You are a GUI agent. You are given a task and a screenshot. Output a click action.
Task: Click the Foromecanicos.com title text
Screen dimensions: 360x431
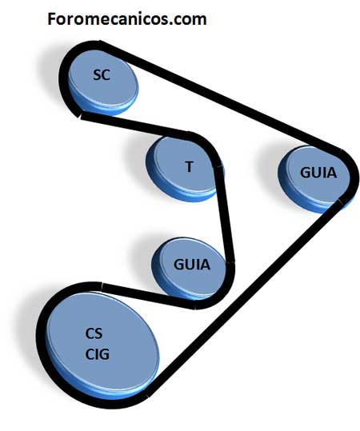click(127, 19)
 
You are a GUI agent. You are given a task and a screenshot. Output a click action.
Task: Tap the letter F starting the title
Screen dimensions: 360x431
click(51, 19)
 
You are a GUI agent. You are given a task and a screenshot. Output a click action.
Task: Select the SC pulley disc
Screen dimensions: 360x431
click(102, 82)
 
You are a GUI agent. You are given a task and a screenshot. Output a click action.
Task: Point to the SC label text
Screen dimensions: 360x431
click(102, 75)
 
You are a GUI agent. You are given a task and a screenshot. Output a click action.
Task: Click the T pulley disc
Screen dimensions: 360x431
click(185, 168)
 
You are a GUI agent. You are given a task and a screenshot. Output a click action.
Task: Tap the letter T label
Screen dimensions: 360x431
click(189, 166)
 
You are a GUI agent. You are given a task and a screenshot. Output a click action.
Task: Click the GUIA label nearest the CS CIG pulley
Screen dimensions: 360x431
click(192, 265)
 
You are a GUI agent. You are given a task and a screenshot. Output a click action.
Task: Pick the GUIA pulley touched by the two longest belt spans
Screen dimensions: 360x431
click(315, 179)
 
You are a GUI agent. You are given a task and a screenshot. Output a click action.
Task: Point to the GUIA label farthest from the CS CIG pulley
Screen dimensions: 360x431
click(318, 173)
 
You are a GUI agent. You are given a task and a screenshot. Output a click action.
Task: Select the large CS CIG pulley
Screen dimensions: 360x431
click(102, 347)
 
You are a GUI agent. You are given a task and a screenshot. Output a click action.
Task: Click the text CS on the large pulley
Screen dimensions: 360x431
click(94, 333)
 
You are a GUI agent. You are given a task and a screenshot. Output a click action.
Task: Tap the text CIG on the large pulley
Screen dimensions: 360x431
click(97, 354)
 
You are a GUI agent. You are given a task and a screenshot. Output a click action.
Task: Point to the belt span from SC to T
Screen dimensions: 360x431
click(134, 125)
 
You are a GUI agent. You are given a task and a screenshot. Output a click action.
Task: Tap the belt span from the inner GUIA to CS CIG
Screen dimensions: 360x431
click(149, 296)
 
